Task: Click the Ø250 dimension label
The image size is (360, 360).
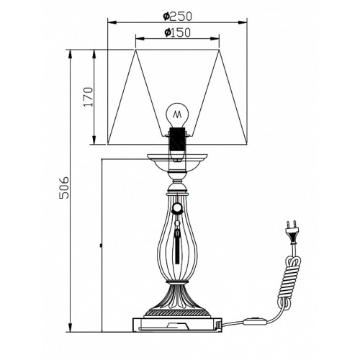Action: pyautogui.click(x=178, y=17)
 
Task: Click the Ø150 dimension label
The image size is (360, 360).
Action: pyautogui.click(x=178, y=32)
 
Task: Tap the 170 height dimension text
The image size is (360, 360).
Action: pyautogui.click(x=88, y=97)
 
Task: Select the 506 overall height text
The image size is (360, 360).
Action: pyautogui.click(x=64, y=188)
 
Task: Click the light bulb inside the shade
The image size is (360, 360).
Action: pyautogui.click(x=177, y=115)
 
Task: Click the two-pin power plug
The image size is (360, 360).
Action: pyautogui.click(x=292, y=233)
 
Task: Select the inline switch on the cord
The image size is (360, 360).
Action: pyautogui.click(x=256, y=321)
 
